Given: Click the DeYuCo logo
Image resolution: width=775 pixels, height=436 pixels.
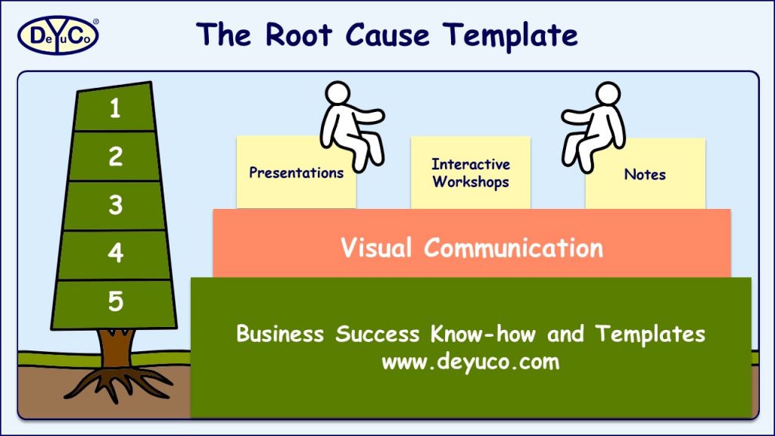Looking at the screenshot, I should point(58,35).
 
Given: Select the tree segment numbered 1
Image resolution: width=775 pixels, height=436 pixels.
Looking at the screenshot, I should point(115,109).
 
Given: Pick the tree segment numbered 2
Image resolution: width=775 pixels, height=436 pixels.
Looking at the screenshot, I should point(115,157).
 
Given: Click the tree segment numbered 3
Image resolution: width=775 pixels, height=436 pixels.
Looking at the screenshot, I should point(115,205).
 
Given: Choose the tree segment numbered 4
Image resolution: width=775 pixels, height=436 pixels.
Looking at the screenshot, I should point(115,253).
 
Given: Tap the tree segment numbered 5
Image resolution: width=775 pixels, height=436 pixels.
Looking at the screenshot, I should point(115,302).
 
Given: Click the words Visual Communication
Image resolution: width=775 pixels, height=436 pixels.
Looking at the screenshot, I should point(472,248).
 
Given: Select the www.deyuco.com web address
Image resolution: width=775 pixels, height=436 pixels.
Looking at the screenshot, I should point(470,361).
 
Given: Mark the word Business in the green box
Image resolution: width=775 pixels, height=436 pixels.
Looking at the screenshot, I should point(282,334).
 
